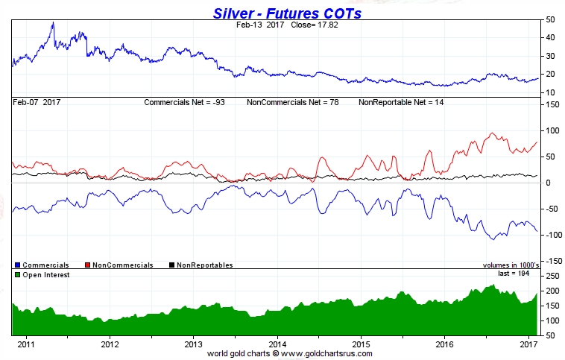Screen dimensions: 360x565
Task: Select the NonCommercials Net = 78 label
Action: pos(293,101)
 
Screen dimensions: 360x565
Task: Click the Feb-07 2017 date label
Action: pos(37,101)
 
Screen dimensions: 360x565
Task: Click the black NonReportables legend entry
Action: pos(201,265)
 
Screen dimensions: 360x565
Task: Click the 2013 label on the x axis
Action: pos(193,344)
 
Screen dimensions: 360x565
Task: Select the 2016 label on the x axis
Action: pos(444,344)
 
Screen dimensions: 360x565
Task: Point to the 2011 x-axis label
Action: pos(25,344)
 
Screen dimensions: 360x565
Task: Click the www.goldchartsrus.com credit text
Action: pos(330,353)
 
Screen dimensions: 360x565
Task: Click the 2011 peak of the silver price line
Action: pos(52,23)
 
